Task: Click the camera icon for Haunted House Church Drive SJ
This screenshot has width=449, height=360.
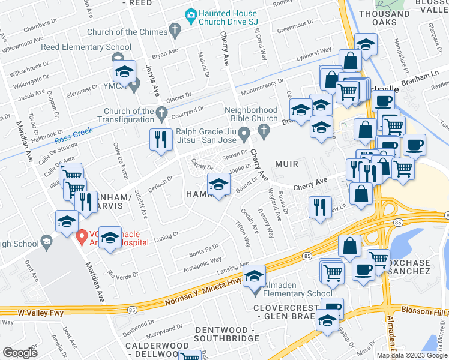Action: pos(191,14)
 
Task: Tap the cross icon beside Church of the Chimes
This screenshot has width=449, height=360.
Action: pos(175,29)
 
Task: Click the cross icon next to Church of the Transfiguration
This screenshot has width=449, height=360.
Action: pos(160,112)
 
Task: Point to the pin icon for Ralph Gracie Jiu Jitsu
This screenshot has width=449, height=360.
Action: pos(244,132)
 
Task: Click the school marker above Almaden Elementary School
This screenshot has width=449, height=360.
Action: pos(255,276)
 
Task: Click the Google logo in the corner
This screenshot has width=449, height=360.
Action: pos(20,352)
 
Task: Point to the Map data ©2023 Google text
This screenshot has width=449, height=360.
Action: pos(412,355)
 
